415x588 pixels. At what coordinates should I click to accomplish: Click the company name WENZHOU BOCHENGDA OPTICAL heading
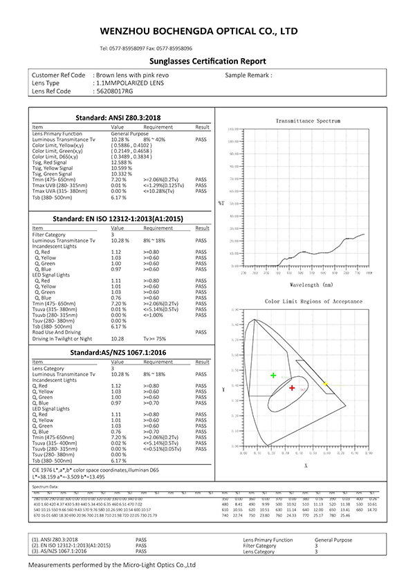[x=199, y=32]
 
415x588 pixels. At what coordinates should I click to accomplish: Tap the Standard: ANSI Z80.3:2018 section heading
[x=121, y=118]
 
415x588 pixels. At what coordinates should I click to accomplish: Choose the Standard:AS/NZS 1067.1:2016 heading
[x=121, y=353]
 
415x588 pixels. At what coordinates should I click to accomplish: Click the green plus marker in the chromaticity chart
[x=273, y=375]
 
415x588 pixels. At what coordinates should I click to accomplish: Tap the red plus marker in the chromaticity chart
[x=293, y=389]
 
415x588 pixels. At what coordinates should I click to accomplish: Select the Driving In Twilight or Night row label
[x=62, y=338]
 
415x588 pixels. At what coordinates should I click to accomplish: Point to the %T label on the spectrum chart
[x=221, y=203]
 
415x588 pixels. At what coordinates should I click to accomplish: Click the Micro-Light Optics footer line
[x=112, y=565]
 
